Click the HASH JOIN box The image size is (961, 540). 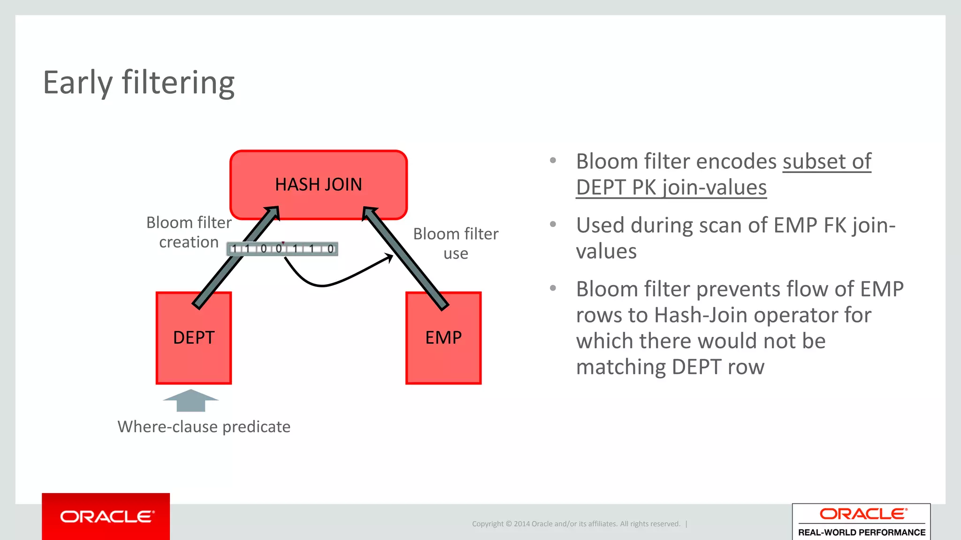click(x=318, y=184)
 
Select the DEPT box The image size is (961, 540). click(x=193, y=347)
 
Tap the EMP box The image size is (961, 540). click(x=443, y=347)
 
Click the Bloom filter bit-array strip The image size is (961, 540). click(x=282, y=249)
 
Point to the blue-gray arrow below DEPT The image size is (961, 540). click(x=191, y=401)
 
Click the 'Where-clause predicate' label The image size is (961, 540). click(x=204, y=427)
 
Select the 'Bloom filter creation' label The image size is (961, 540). click(x=189, y=232)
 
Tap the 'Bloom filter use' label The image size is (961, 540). click(x=455, y=243)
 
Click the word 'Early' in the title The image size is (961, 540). click(x=78, y=83)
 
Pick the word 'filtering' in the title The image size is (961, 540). click(x=178, y=83)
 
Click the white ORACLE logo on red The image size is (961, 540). click(x=107, y=517)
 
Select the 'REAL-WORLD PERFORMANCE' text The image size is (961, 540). click(x=862, y=532)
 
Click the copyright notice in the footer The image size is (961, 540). click(x=576, y=524)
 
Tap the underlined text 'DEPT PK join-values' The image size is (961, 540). click(x=671, y=187)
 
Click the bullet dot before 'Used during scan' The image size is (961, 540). click(x=553, y=225)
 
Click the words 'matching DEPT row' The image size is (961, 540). click(x=670, y=367)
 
